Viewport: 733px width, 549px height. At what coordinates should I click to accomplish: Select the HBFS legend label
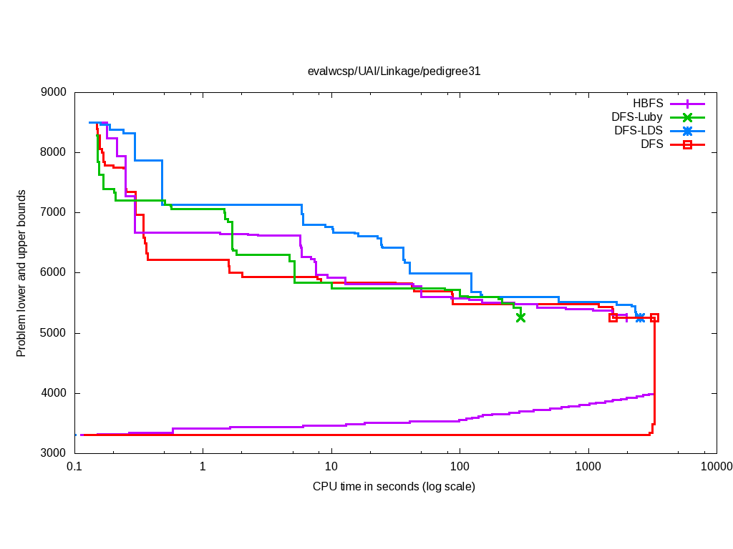[648, 103]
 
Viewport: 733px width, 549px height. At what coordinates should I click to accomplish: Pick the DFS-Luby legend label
[637, 117]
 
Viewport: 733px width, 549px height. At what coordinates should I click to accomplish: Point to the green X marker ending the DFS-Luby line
[520, 317]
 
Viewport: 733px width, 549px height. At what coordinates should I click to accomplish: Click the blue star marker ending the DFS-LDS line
[640, 317]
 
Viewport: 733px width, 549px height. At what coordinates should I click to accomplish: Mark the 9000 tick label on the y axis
[54, 92]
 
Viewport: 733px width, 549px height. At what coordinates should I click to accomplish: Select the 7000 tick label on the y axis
[54, 212]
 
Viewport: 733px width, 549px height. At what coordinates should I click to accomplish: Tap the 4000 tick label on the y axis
[54, 393]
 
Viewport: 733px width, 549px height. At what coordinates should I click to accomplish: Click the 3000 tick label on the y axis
[54, 453]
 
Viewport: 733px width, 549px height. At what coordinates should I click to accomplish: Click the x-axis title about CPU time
[394, 487]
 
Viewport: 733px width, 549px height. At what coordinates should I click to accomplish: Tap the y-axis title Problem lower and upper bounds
[21, 273]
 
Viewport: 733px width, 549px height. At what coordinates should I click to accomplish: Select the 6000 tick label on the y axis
[54, 272]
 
